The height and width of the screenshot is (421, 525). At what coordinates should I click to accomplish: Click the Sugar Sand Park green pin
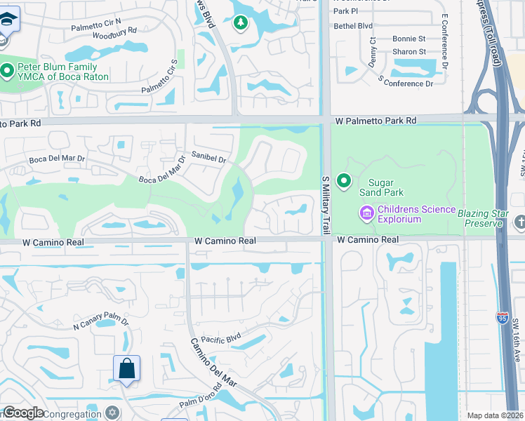(344, 182)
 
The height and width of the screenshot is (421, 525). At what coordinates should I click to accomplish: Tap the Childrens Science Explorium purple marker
(366, 213)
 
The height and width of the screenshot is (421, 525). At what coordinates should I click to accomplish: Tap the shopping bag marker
(126, 368)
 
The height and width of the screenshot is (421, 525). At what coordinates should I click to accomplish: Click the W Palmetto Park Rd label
(375, 121)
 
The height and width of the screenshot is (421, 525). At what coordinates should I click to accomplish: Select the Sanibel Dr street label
(208, 158)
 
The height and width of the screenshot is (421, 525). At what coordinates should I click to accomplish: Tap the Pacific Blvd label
(220, 338)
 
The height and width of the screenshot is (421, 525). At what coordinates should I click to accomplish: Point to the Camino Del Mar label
(206, 364)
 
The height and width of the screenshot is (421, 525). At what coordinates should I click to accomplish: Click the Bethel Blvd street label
(353, 25)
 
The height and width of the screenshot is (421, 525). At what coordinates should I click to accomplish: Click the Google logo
(23, 413)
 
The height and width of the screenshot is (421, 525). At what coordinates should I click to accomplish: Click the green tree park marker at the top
(241, 23)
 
